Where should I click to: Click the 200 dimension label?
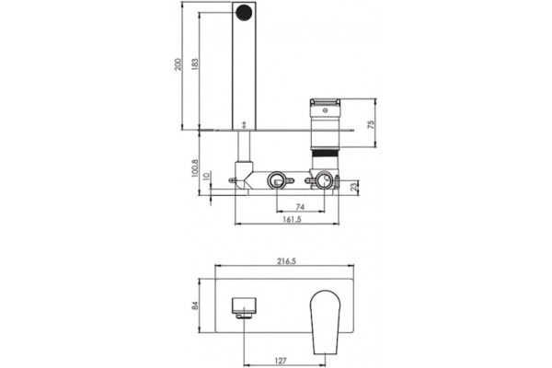pyautogui.click(x=178, y=64)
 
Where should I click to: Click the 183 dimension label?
pyautogui.click(x=194, y=64)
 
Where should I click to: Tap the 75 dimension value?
pyautogui.click(x=371, y=124)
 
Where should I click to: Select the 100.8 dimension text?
pyautogui.click(x=195, y=168)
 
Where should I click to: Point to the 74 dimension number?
pyautogui.click(x=300, y=207)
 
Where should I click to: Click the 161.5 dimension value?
pyautogui.click(x=293, y=219)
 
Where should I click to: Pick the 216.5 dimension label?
pyautogui.click(x=286, y=261)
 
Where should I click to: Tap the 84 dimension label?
pyautogui.click(x=195, y=305)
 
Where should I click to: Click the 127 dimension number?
pyautogui.click(x=281, y=361)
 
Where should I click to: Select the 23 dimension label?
pyautogui.click(x=355, y=186)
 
